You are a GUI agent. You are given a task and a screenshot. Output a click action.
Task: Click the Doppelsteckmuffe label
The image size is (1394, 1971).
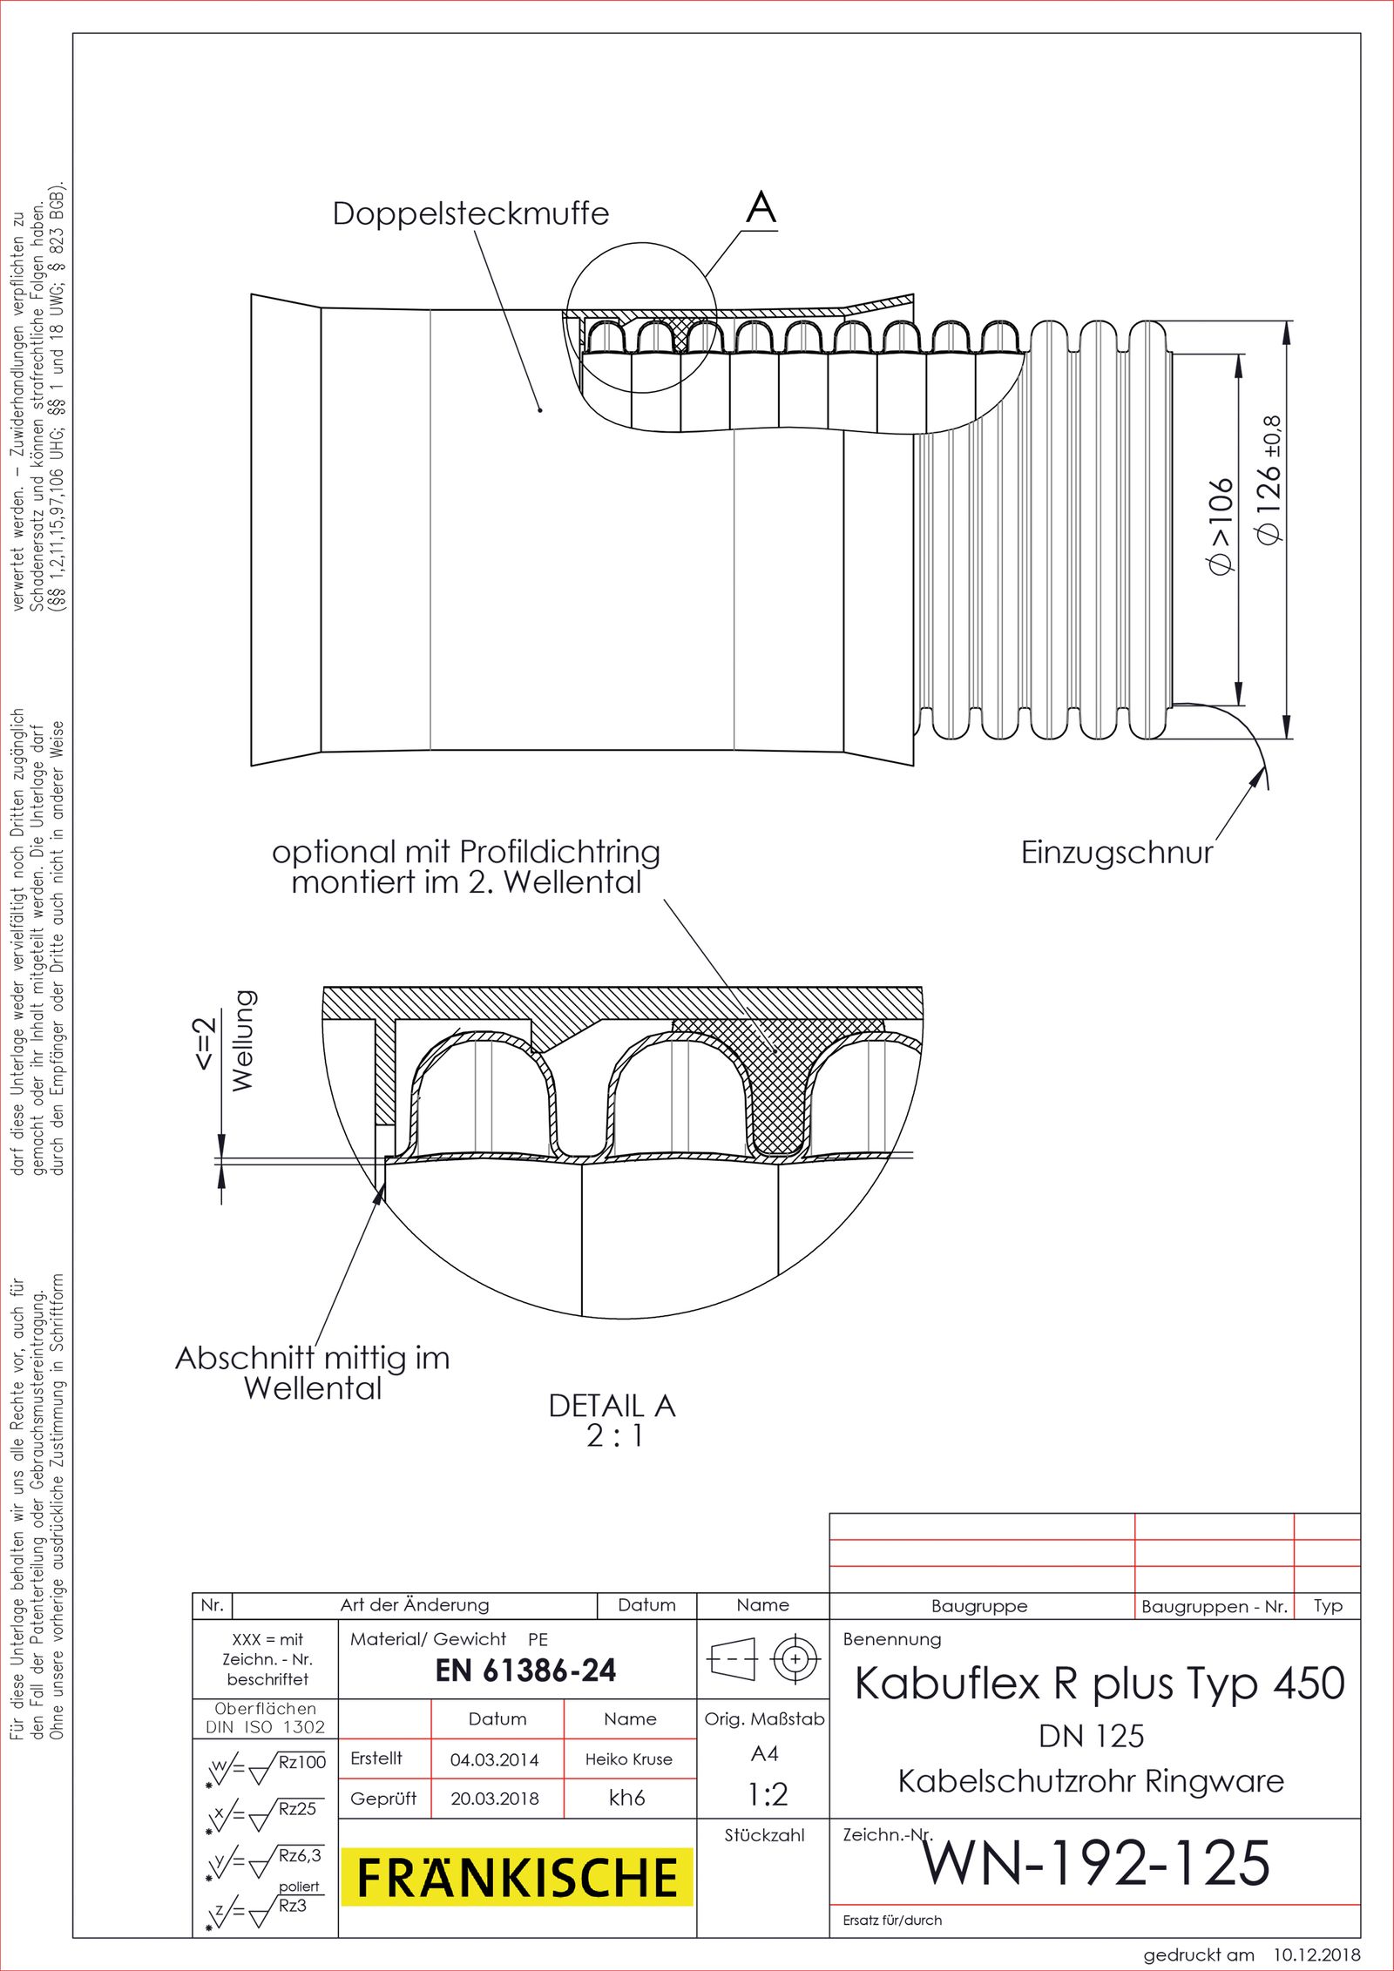tap(470, 213)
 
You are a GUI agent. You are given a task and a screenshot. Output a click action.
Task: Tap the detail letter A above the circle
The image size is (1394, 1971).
tap(761, 208)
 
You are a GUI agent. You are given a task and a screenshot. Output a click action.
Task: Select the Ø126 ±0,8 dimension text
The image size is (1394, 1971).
tap(1269, 481)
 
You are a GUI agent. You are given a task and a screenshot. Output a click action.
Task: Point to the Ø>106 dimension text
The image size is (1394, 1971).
tap(1221, 527)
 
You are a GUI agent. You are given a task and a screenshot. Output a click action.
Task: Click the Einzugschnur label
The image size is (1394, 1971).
tap(1116, 853)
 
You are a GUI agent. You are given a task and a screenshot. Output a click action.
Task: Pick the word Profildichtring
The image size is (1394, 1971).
tap(559, 852)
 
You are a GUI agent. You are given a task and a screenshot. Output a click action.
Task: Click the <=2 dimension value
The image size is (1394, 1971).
tap(203, 1043)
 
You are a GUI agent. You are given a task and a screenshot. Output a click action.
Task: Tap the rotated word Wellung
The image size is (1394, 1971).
tap(243, 1041)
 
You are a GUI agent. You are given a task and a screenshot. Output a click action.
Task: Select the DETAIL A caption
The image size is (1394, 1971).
tap(612, 1406)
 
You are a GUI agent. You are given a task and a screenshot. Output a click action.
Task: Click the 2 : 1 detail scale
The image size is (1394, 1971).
tap(614, 1436)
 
